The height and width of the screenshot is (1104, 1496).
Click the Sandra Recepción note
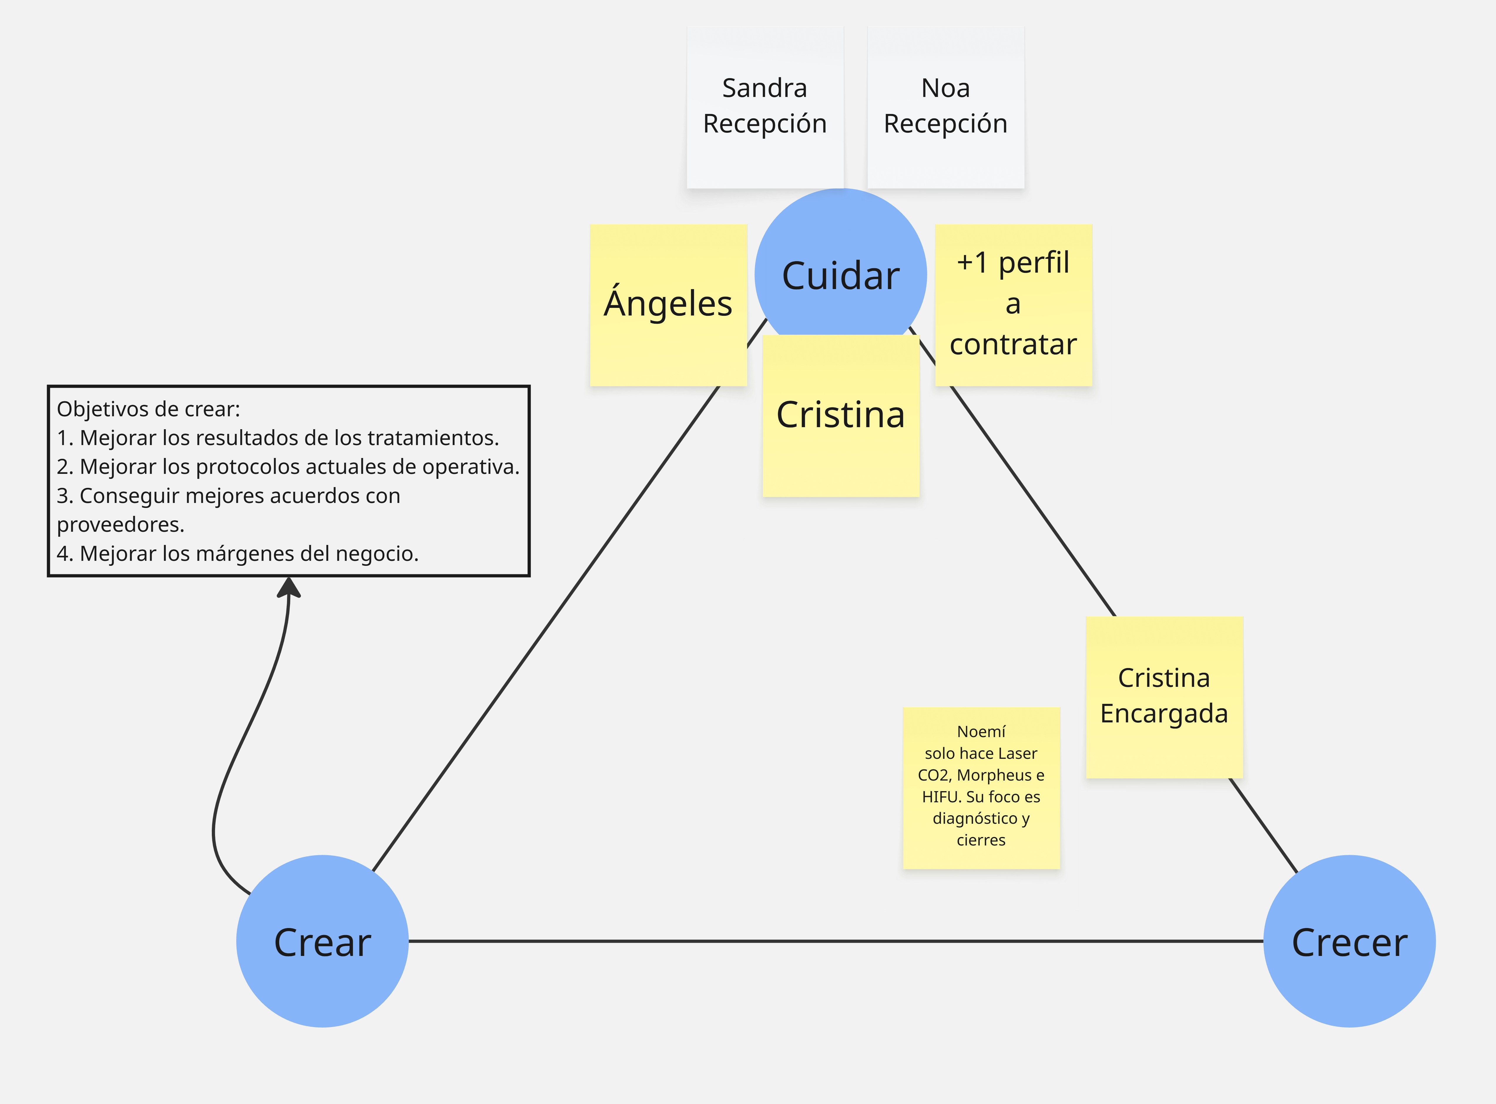click(x=765, y=107)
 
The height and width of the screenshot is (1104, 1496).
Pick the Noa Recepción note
click(x=945, y=107)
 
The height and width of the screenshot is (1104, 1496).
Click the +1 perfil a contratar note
click(x=1013, y=305)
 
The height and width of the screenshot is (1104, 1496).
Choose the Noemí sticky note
click(x=981, y=787)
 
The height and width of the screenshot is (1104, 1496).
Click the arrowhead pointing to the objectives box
click(x=289, y=588)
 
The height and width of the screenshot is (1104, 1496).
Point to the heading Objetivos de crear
click(x=148, y=409)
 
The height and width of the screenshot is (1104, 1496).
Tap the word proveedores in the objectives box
click(x=120, y=525)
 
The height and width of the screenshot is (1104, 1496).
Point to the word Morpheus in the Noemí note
click(x=995, y=775)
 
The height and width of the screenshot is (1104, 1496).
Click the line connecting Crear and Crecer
click(x=835, y=941)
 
